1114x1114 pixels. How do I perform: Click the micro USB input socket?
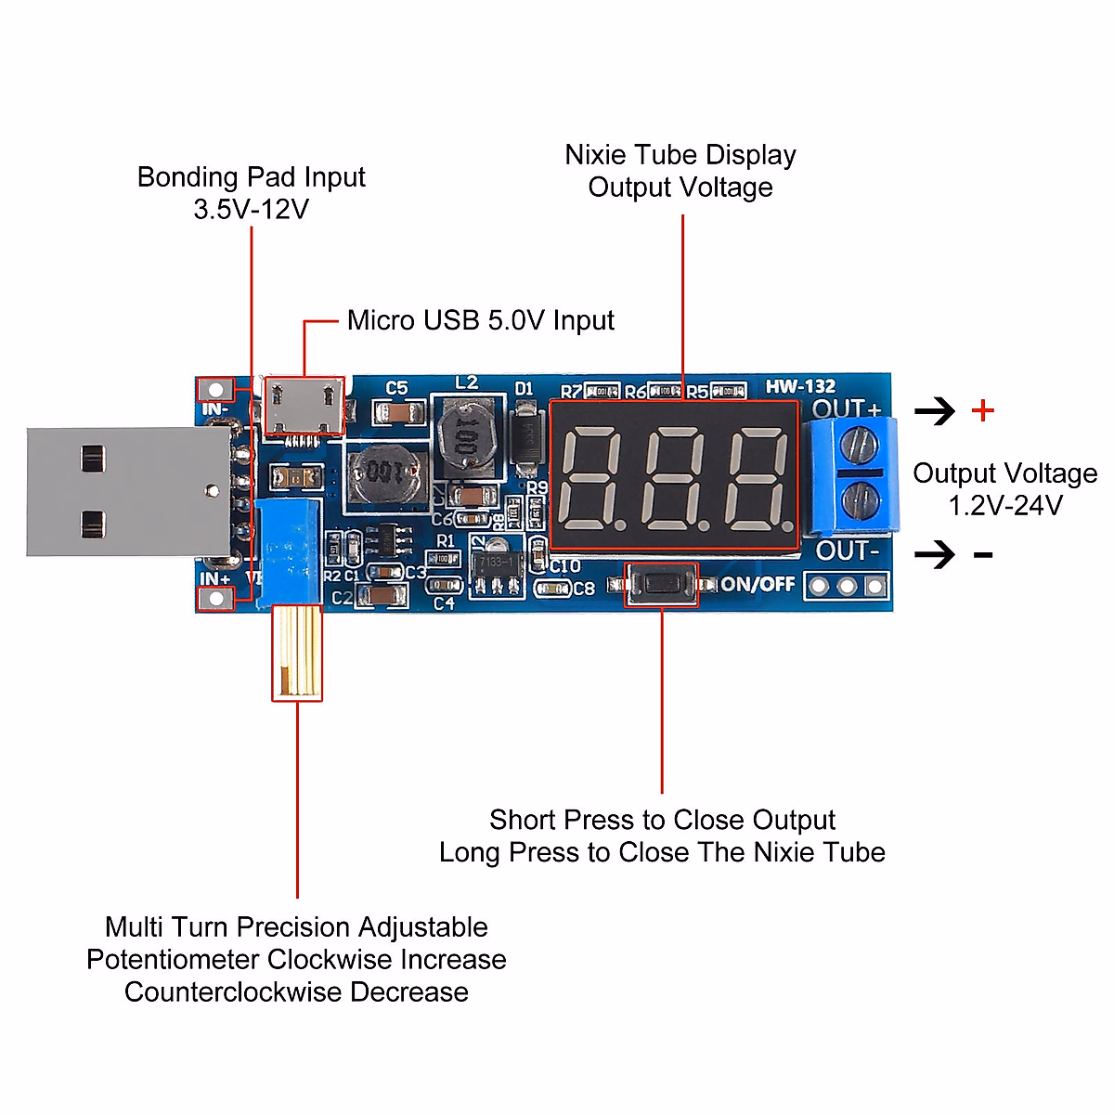click(304, 407)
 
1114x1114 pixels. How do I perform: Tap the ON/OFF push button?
click(661, 585)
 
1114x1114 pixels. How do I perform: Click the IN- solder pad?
click(216, 389)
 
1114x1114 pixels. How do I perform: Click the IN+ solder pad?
click(216, 599)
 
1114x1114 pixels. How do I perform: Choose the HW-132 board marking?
click(800, 386)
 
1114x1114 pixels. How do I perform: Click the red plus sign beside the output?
click(983, 410)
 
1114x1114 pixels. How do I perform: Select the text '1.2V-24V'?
click(1005, 506)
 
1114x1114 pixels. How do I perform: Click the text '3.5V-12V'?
click(251, 210)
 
